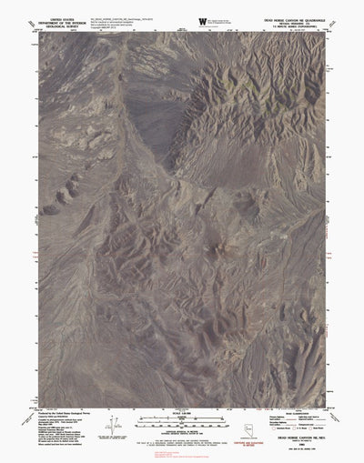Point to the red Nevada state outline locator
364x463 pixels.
click(x=240, y=426)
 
